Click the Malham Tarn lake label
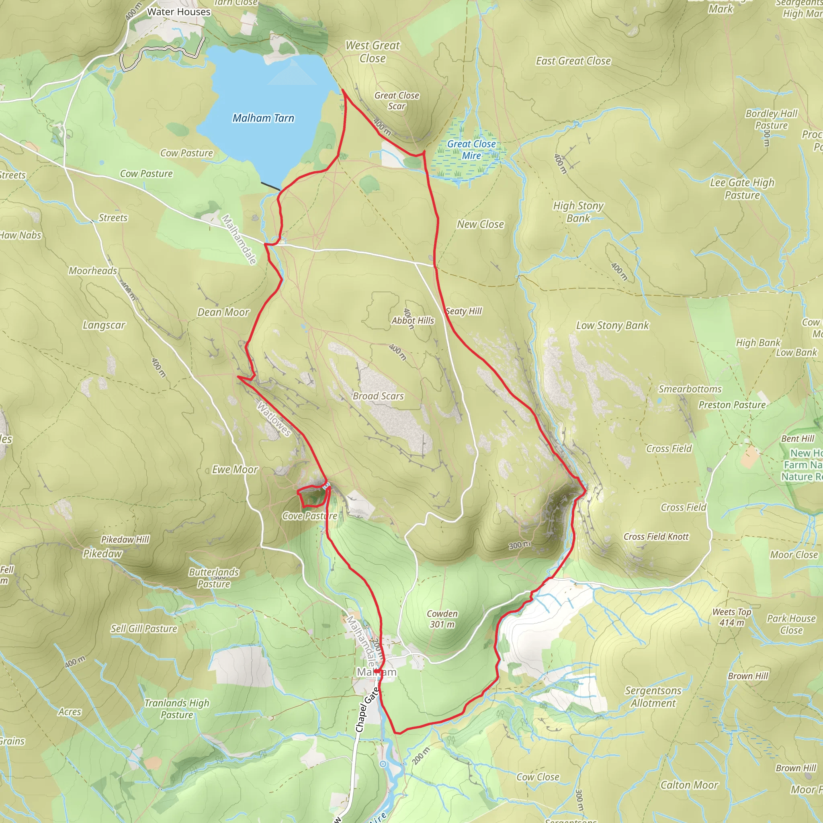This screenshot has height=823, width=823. [x=263, y=118]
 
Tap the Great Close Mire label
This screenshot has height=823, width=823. [x=471, y=149]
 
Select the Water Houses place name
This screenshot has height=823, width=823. [x=179, y=12]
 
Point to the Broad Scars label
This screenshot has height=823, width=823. [x=378, y=396]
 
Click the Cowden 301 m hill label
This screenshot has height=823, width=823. [x=442, y=619]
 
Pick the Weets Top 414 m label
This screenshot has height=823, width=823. [x=732, y=617]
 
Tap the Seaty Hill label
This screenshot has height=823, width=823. [x=464, y=311]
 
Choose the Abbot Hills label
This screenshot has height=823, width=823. [x=413, y=320]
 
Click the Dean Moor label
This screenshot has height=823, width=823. [x=223, y=312]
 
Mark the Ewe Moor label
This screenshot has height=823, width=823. [x=235, y=469]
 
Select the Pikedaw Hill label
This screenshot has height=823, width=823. [x=125, y=539]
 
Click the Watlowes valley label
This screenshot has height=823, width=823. [x=274, y=419]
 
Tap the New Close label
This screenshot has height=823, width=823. [x=481, y=224]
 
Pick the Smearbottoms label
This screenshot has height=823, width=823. [x=690, y=389]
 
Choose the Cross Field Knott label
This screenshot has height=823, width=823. [x=656, y=537]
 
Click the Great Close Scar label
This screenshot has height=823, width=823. [x=397, y=101]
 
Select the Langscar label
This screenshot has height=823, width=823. [x=104, y=325]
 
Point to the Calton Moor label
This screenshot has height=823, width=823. [x=689, y=785]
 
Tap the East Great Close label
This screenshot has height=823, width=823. [x=573, y=61]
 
